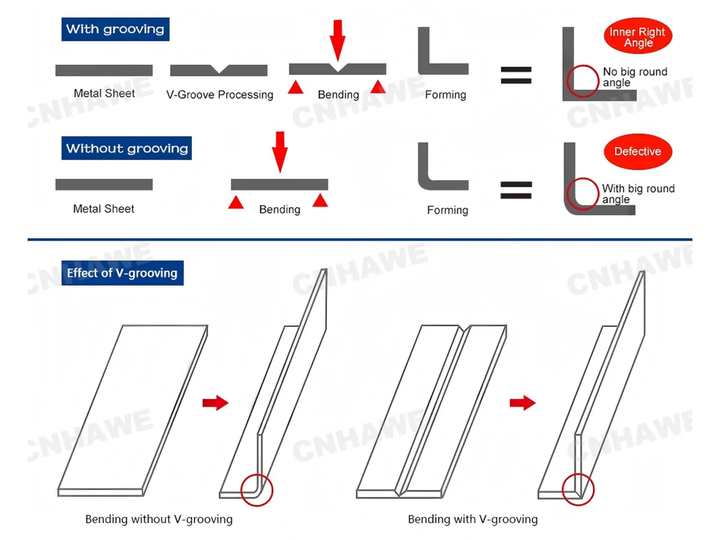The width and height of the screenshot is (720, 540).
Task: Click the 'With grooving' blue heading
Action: tap(115, 29)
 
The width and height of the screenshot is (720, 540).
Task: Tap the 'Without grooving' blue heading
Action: tap(127, 148)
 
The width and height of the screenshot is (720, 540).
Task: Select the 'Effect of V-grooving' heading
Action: tap(122, 273)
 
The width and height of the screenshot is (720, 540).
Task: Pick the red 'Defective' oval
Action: tap(637, 152)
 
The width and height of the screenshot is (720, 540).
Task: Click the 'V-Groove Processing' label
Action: tap(220, 95)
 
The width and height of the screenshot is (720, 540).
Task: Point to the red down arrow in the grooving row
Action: tap(338, 38)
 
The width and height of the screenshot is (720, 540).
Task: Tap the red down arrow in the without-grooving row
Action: tap(280, 151)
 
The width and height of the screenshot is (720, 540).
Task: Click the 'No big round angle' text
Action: tap(634, 77)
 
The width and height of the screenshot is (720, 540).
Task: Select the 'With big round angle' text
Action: tap(638, 194)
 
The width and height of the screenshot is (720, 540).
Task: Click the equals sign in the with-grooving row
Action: tap(516, 74)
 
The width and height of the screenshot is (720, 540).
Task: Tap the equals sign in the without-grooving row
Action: tap(516, 190)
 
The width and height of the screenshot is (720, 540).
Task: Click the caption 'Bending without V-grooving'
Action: tap(159, 519)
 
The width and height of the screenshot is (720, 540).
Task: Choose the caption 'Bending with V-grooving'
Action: tap(473, 519)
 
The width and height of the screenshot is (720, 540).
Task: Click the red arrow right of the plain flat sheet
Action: tap(215, 403)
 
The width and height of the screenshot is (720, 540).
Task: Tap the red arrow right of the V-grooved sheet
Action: tap(522, 403)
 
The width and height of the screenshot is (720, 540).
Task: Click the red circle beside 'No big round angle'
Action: tap(583, 81)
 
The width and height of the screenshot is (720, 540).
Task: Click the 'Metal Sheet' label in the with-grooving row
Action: tap(104, 93)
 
